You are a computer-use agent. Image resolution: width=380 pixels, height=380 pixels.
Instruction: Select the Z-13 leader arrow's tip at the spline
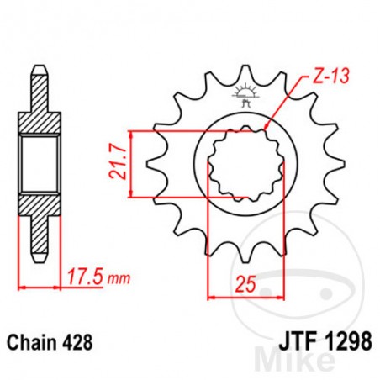pyautogui.click(x=266, y=127)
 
